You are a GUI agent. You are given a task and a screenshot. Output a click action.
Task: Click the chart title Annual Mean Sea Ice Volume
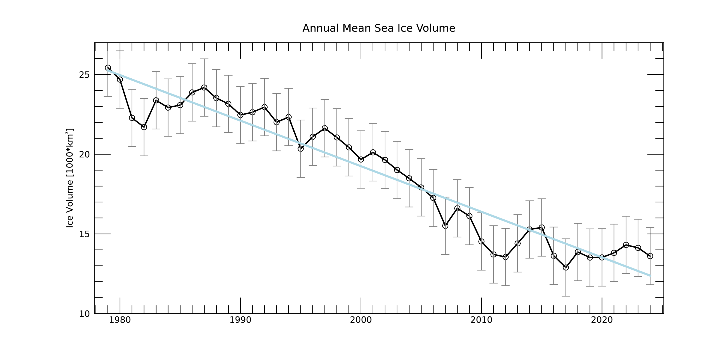(x=379, y=28)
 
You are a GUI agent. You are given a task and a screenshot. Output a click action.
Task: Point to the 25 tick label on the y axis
(x=84, y=75)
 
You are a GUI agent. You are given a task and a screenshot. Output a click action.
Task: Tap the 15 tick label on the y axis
(x=84, y=234)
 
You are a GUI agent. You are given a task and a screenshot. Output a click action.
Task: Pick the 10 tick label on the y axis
(x=84, y=314)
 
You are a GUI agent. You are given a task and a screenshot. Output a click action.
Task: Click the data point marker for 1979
(x=108, y=68)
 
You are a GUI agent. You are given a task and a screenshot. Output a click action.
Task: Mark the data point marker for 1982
(x=144, y=127)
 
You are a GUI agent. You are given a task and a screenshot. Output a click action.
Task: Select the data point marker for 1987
(x=204, y=88)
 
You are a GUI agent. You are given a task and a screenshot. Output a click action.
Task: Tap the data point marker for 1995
(x=301, y=149)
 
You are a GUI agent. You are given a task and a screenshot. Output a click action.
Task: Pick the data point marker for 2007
(x=445, y=226)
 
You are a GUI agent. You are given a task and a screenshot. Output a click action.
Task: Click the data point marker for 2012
(x=506, y=257)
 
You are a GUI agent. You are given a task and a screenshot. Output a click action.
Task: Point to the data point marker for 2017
(x=566, y=268)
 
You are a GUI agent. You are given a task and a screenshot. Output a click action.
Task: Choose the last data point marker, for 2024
(x=650, y=256)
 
